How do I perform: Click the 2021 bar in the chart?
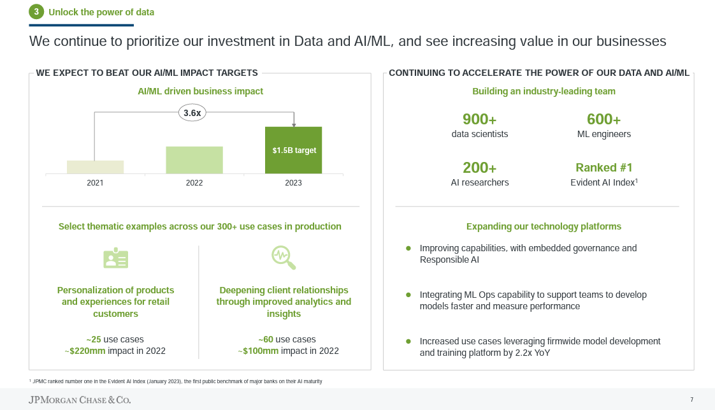click(x=96, y=167)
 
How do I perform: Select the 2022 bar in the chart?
click(x=194, y=160)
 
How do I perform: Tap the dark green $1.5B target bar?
click(x=294, y=150)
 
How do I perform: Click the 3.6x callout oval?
click(x=192, y=113)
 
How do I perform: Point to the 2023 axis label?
click(x=293, y=183)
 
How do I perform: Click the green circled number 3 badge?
click(x=36, y=12)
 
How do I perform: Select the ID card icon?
click(x=116, y=258)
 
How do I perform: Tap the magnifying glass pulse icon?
click(x=284, y=258)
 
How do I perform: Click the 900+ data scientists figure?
click(x=479, y=119)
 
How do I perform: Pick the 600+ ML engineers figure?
click(x=603, y=119)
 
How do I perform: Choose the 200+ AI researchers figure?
click(x=479, y=168)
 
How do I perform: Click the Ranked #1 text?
click(x=603, y=167)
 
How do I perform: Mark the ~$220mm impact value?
click(x=85, y=351)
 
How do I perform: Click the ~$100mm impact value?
click(x=258, y=351)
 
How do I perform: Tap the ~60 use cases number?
click(x=265, y=339)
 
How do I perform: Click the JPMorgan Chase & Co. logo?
click(x=80, y=400)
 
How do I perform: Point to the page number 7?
click(x=692, y=400)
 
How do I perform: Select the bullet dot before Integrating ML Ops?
click(x=408, y=295)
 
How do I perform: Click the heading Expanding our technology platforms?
click(x=544, y=226)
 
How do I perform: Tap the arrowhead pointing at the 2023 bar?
click(x=294, y=124)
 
